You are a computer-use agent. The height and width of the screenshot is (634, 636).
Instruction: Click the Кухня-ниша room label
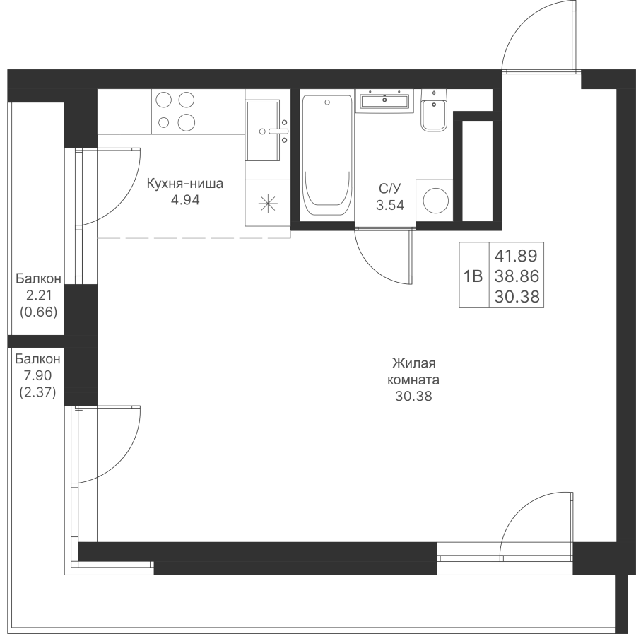click(185, 184)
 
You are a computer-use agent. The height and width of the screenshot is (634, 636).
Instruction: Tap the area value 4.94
click(185, 200)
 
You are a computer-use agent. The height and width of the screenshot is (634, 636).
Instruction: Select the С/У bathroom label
click(390, 189)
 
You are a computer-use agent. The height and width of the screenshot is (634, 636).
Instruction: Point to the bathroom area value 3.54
click(390, 205)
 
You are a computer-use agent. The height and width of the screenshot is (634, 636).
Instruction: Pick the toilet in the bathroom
click(434, 110)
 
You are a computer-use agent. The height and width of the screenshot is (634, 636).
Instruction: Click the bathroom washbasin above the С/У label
click(384, 101)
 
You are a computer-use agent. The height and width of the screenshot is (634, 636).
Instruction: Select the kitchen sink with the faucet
click(264, 131)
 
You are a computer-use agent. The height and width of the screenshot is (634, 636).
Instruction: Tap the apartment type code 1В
click(473, 276)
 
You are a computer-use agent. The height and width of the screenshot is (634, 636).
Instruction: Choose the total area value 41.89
click(516, 256)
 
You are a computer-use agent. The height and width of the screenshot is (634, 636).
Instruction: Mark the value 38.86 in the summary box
click(517, 276)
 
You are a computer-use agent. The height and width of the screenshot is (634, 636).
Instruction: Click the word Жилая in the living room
click(413, 363)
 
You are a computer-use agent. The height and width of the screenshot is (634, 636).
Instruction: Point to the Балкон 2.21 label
click(39, 287)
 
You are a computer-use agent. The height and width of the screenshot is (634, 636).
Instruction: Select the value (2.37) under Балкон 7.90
click(37, 393)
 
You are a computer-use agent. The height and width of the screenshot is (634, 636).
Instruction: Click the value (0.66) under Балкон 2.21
click(39, 312)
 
